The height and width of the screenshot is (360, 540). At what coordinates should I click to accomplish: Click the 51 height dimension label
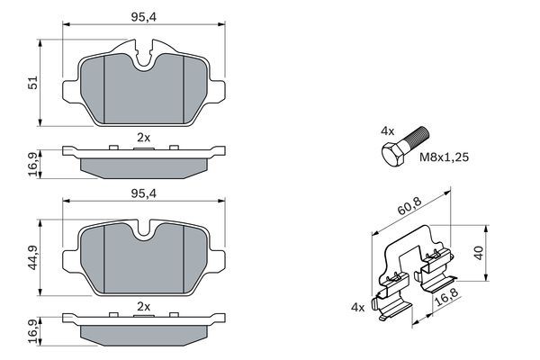coord(33,83)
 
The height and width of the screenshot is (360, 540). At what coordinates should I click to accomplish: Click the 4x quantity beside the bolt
coord(388,131)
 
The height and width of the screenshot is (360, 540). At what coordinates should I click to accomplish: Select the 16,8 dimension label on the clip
coord(446,298)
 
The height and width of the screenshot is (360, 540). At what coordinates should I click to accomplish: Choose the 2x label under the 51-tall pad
coord(143,136)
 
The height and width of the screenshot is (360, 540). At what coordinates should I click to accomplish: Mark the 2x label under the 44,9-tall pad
coord(143,307)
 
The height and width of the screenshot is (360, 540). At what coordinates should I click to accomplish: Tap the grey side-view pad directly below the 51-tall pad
coord(144,165)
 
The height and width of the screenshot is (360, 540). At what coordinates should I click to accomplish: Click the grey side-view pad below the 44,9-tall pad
coord(144,334)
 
